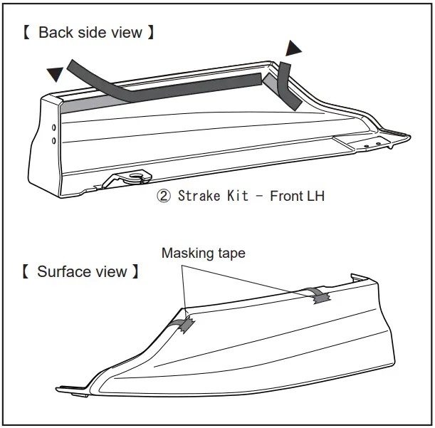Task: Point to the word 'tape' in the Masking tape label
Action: pos(230,254)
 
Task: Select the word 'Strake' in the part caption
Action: pos(198,196)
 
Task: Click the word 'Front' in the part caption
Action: pos(286,196)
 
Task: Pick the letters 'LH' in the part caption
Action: pos(315,196)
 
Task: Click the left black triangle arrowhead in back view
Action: pos(53,73)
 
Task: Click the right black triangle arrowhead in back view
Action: pos(293,48)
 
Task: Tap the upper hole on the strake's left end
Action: pos(53,127)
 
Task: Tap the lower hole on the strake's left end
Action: pos(53,141)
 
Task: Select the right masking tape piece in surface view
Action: pos(318,295)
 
